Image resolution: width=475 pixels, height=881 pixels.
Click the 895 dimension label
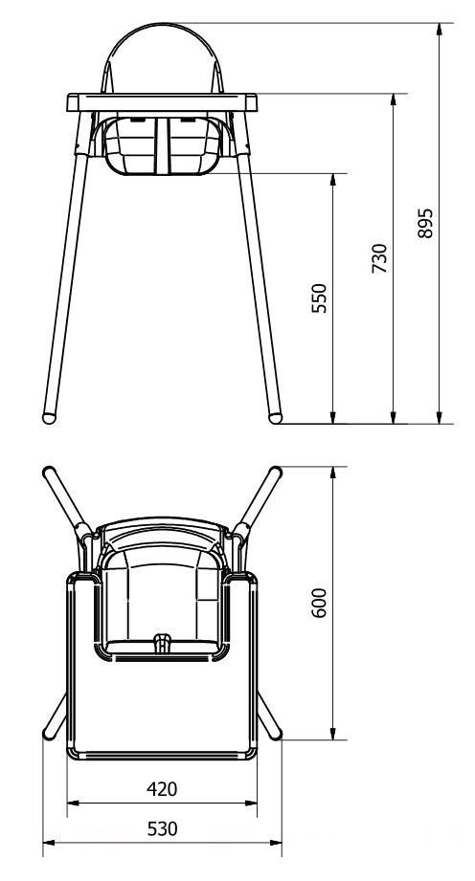[426, 223]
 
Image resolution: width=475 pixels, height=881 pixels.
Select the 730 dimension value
[380, 258]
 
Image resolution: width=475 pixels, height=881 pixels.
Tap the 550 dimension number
[319, 298]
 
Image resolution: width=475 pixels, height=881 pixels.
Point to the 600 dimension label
[319, 603]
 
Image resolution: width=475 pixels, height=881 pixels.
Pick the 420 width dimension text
[162, 789]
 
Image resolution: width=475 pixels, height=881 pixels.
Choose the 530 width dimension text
[162, 828]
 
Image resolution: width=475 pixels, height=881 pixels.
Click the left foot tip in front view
[49, 419]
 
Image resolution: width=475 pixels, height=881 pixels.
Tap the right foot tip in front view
[275, 419]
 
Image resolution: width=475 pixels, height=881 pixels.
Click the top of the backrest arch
[163, 24]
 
